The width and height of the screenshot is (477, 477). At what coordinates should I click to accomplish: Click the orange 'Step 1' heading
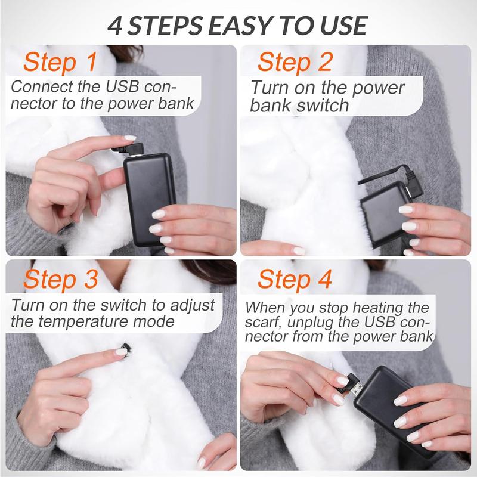pos(60,62)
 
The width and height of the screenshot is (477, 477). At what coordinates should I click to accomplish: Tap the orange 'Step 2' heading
pos(295,62)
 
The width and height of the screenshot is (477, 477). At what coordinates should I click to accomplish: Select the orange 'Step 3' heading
pos(60,279)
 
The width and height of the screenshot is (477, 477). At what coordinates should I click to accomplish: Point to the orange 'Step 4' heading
pos(295,279)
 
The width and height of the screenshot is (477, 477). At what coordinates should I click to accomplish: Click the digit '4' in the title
pos(117,26)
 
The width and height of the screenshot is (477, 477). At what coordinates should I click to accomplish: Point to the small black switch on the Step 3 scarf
pos(125,347)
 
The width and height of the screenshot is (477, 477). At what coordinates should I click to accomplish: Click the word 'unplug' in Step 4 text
pos(321,323)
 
